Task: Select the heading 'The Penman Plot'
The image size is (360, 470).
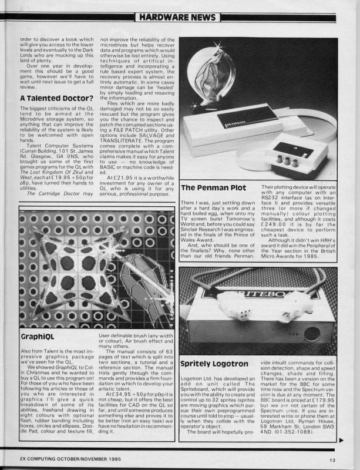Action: tap(213, 187)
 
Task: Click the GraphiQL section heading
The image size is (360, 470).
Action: tap(38, 337)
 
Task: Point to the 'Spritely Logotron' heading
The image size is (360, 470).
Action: tap(214, 364)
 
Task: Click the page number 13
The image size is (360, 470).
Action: tap(332, 460)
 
